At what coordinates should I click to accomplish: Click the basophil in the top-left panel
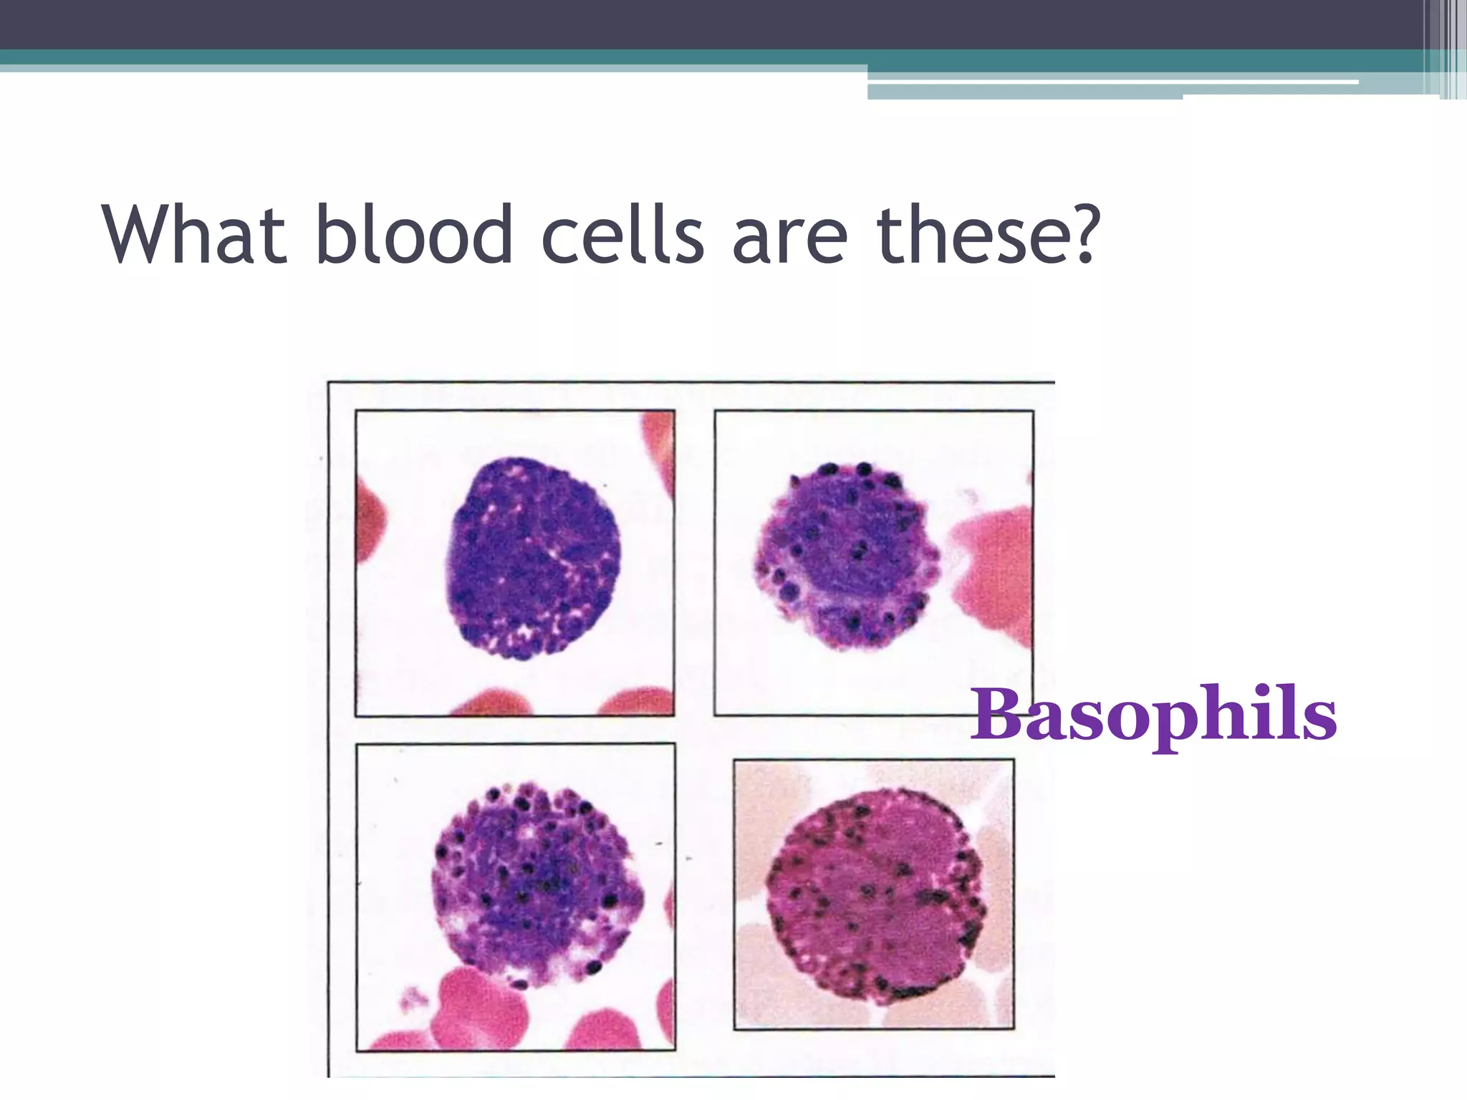534,559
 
